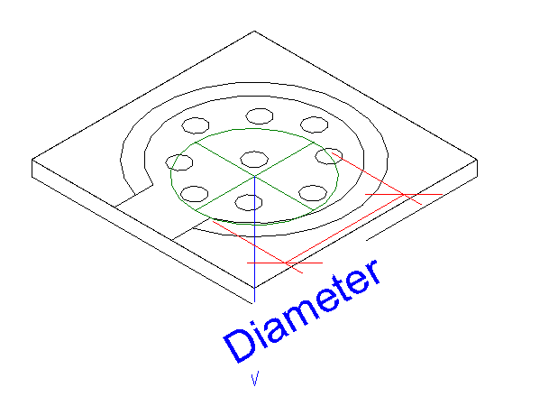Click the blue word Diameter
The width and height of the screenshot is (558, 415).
(x=302, y=310)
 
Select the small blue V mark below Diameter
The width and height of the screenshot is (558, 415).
(x=255, y=379)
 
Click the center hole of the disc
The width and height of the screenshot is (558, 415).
(x=254, y=159)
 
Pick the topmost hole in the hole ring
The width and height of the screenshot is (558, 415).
(x=260, y=116)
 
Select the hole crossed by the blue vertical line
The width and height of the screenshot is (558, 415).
(x=249, y=202)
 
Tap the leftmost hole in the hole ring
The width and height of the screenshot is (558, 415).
(x=179, y=162)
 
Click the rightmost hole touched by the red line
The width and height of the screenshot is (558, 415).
(x=329, y=156)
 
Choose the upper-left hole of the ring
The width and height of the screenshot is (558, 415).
(x=196, y=125)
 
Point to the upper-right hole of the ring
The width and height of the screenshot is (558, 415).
(x=315, y=124)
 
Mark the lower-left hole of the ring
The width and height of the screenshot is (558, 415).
(x=195, y=194)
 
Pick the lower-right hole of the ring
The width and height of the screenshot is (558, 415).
(x=313, y=193)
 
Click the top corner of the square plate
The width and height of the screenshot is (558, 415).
(x=254, y=32)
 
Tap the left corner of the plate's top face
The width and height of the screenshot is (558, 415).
(x=32, y=159)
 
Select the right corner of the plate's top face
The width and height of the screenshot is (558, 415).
(x=477, y=160)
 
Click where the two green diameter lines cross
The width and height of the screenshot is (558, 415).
(x=254, y=176)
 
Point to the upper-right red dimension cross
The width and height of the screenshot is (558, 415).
(x=404, y=195)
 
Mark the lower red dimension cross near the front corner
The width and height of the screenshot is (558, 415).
(x=286, y=263)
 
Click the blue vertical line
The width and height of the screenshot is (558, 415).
(x=254, y=239)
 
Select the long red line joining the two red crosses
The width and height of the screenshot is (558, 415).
(x=344, y=228)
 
